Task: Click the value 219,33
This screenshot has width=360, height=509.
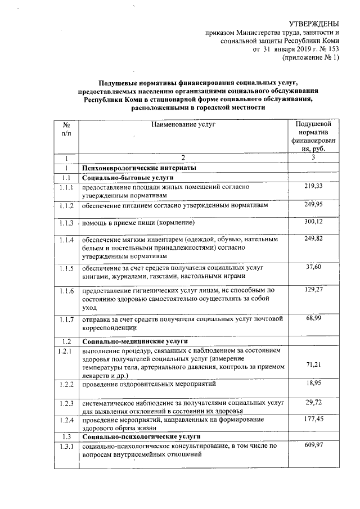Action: coord(313,186)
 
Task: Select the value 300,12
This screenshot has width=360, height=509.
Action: coord(313,222)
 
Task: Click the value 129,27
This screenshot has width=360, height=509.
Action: coord(313,289)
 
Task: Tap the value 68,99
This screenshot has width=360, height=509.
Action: coord(313,319)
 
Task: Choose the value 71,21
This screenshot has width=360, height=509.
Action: coord(313,365)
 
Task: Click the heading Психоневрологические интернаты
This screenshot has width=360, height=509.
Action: coord(139,168)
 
